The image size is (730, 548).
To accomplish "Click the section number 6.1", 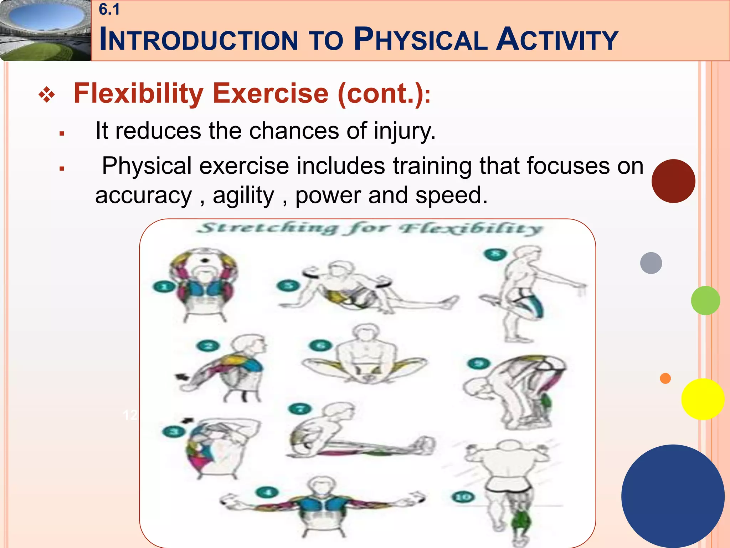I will coord(109,10).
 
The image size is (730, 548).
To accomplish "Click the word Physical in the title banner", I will coord(421,39).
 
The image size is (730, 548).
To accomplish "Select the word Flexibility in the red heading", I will coord(138,93).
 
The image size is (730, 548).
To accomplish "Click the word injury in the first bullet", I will coord(404,131).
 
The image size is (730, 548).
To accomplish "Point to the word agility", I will coord(243,196).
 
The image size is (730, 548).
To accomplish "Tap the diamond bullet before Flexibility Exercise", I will coord(47,95).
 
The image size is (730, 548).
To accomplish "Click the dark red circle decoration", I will coord(673,181).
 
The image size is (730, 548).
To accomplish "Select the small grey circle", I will coord(651,263).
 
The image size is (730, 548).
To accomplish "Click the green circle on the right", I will coord(705,300).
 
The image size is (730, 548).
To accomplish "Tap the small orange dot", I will coord(665,378).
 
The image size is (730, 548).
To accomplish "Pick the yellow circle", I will coord(703,399).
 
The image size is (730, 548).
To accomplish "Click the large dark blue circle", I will coord(673,496).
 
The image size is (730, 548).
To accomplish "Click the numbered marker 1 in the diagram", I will coord(164,286).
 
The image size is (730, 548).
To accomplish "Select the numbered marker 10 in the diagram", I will coord(463,497).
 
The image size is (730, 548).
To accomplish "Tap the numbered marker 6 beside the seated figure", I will coord(320,345).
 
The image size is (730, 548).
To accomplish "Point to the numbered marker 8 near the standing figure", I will coord(495,254).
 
